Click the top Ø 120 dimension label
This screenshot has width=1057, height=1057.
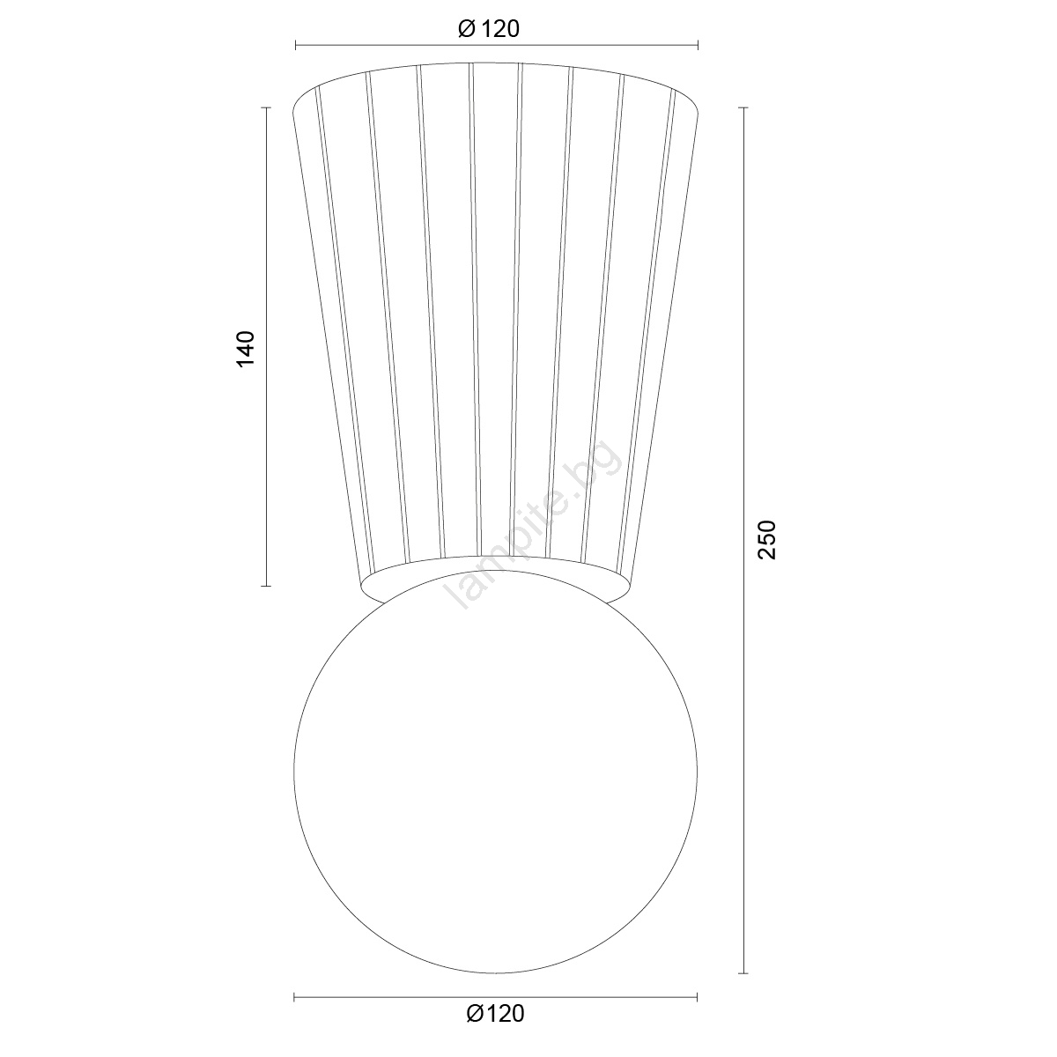pyautogui.click(x=488, y=29)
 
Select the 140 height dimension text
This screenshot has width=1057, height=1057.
pyautogui.click(x=246, y=349)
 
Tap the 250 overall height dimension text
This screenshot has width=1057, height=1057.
pyautogui.click(x=767, y=540)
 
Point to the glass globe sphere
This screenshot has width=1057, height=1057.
pyautogui.click(x=495, y=772)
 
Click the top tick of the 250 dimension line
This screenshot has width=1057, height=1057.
pyautogui.click(x=743, y=107)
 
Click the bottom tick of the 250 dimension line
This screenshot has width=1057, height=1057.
pyautogui.click(x=743, y=973)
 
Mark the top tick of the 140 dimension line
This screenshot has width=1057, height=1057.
pyautogui.click(x=266, y=107)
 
